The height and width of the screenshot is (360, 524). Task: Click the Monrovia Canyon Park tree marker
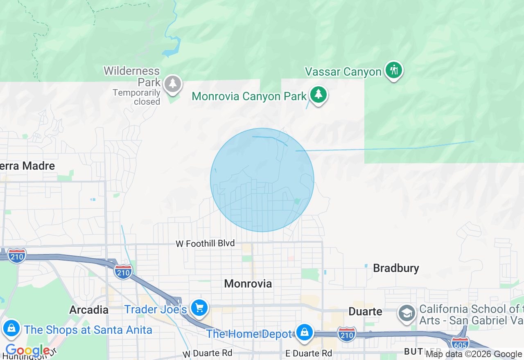coord(318,94)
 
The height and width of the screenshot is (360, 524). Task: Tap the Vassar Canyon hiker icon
coord(394,70)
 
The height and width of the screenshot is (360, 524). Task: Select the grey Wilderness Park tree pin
coord(173,83)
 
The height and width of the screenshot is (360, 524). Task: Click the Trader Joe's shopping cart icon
coord(199,308)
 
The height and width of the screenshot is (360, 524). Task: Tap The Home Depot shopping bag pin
coord(304,332)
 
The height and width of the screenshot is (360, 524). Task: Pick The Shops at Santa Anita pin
coord(11,328)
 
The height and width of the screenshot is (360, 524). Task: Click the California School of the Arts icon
coord(407,314)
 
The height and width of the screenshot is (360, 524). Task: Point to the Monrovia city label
coord(248,283)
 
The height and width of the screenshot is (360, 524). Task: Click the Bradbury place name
coord(396,268)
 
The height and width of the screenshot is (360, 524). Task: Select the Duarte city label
coord(365,312)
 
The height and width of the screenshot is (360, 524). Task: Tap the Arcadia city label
coord(89,310)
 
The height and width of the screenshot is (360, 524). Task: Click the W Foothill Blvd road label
coord(205,244)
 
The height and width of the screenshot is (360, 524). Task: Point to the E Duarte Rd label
coord(309,353)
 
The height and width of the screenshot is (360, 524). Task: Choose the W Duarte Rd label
coord(208,353)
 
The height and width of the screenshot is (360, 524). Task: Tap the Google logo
coord(27,351)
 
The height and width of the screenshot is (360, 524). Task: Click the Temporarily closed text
coord(136,97)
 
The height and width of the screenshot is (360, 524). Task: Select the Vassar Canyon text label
coord(343,72)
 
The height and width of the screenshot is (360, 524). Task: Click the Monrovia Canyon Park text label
coord(249,97)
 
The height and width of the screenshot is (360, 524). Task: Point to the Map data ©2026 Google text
coord(474,354)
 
